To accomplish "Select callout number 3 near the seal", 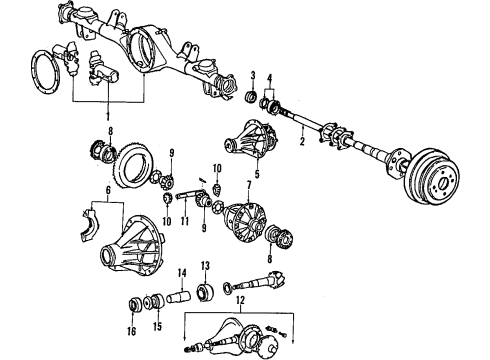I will coord(254,77).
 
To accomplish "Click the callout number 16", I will coord(132,326).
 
